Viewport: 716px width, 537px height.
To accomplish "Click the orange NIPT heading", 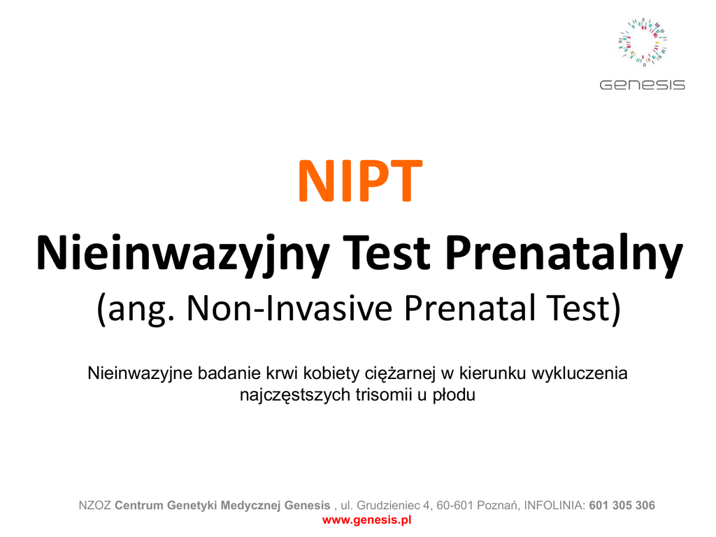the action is click(360, 181).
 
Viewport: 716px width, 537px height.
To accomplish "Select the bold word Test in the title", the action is click(387, 252).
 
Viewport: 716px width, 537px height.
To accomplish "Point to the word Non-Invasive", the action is click(289, 308).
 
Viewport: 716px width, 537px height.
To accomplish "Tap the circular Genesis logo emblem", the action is click(643, 43).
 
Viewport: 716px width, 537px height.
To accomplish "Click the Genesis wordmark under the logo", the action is click(642, 85).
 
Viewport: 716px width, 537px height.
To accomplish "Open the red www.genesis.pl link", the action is click(366, 520).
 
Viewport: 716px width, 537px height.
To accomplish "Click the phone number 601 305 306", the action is click(622, 505).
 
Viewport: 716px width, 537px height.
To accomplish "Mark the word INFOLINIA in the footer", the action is click(554, 505).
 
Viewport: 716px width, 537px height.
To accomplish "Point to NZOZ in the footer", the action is click(94, 505).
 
